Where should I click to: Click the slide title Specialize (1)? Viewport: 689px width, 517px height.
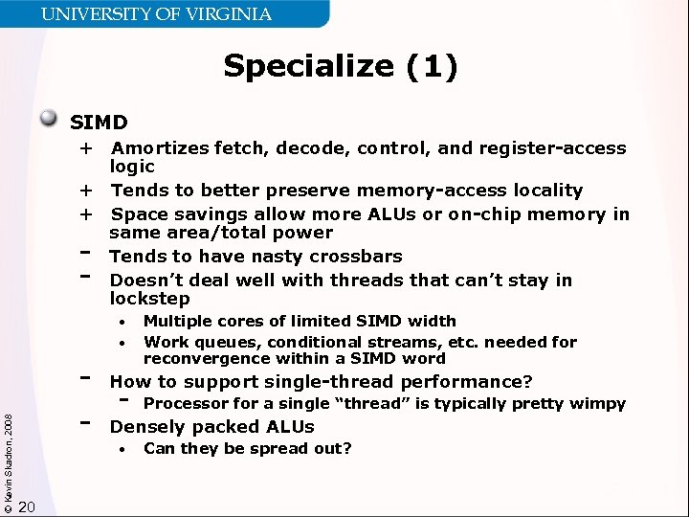click(x=341, y=66)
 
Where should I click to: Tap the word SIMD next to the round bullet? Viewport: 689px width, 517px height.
click(x=99, y=123)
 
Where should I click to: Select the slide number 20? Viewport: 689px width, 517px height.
click(x=28, y=506)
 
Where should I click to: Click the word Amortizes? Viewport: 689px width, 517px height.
click(x=154, y=148)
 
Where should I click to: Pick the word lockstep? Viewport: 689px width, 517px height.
click(x=150, y=299)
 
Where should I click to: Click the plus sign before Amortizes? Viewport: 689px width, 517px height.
click(x=86, y=148)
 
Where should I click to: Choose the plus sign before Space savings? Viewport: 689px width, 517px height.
click(x=86, y=214)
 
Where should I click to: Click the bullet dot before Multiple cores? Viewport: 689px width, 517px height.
click(x=122, y=322)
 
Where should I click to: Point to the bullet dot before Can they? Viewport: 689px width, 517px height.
click(x=122, y=449)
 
